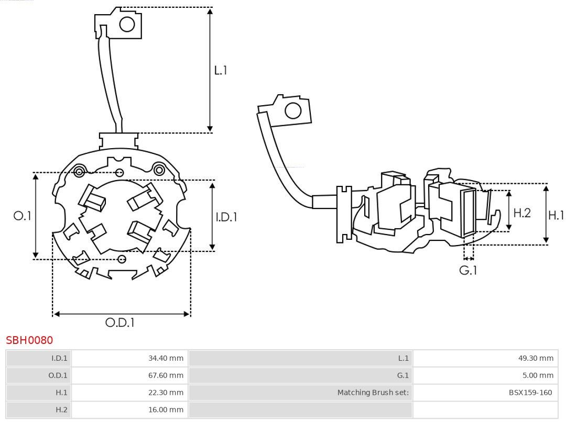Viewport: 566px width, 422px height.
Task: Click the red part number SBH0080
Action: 29,340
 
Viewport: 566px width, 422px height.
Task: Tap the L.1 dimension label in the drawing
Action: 221,70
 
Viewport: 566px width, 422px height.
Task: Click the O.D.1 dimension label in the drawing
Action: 120,323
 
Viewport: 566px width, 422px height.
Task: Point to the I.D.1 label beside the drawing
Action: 226,216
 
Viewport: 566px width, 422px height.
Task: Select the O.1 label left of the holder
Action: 22,215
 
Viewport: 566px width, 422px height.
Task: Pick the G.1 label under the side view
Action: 469,270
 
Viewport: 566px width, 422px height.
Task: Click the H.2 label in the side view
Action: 522,213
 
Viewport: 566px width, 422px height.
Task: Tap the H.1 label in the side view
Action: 556,215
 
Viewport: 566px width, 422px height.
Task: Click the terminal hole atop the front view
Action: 127,24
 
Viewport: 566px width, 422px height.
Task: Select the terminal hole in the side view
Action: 292,111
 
